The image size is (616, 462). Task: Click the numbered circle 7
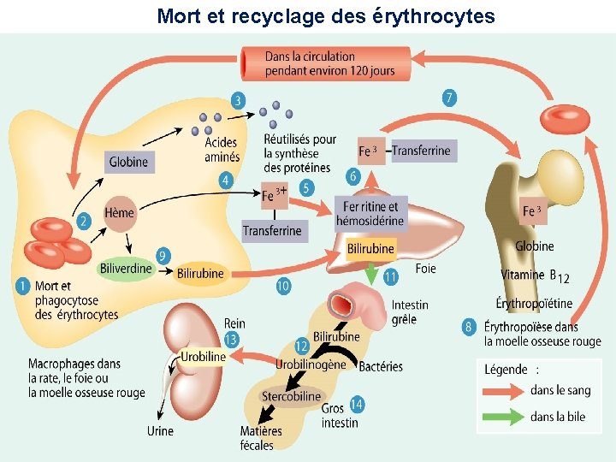tap(449, 98)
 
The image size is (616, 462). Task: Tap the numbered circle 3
tap(237, 101)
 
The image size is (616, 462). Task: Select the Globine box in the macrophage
tap(129, 162)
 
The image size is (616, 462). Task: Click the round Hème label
tap(119, 213)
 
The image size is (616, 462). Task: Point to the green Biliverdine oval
tap(126, 269)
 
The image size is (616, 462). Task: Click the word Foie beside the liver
tap(425, 269)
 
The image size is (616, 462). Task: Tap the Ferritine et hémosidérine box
tap(370, 213)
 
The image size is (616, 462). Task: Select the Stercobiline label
tap(291, 396)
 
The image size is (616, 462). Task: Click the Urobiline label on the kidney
tap(204, 356)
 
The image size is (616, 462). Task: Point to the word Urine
tap(160, 430)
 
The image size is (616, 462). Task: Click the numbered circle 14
tap(357, 403)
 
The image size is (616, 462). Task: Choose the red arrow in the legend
tap(503, 391)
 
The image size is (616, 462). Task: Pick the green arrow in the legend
tap(503, 418)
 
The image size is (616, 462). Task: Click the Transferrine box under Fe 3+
tap(272, 230)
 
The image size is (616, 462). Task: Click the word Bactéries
tap(381, 366)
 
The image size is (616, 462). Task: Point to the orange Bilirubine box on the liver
tap(371, 249)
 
